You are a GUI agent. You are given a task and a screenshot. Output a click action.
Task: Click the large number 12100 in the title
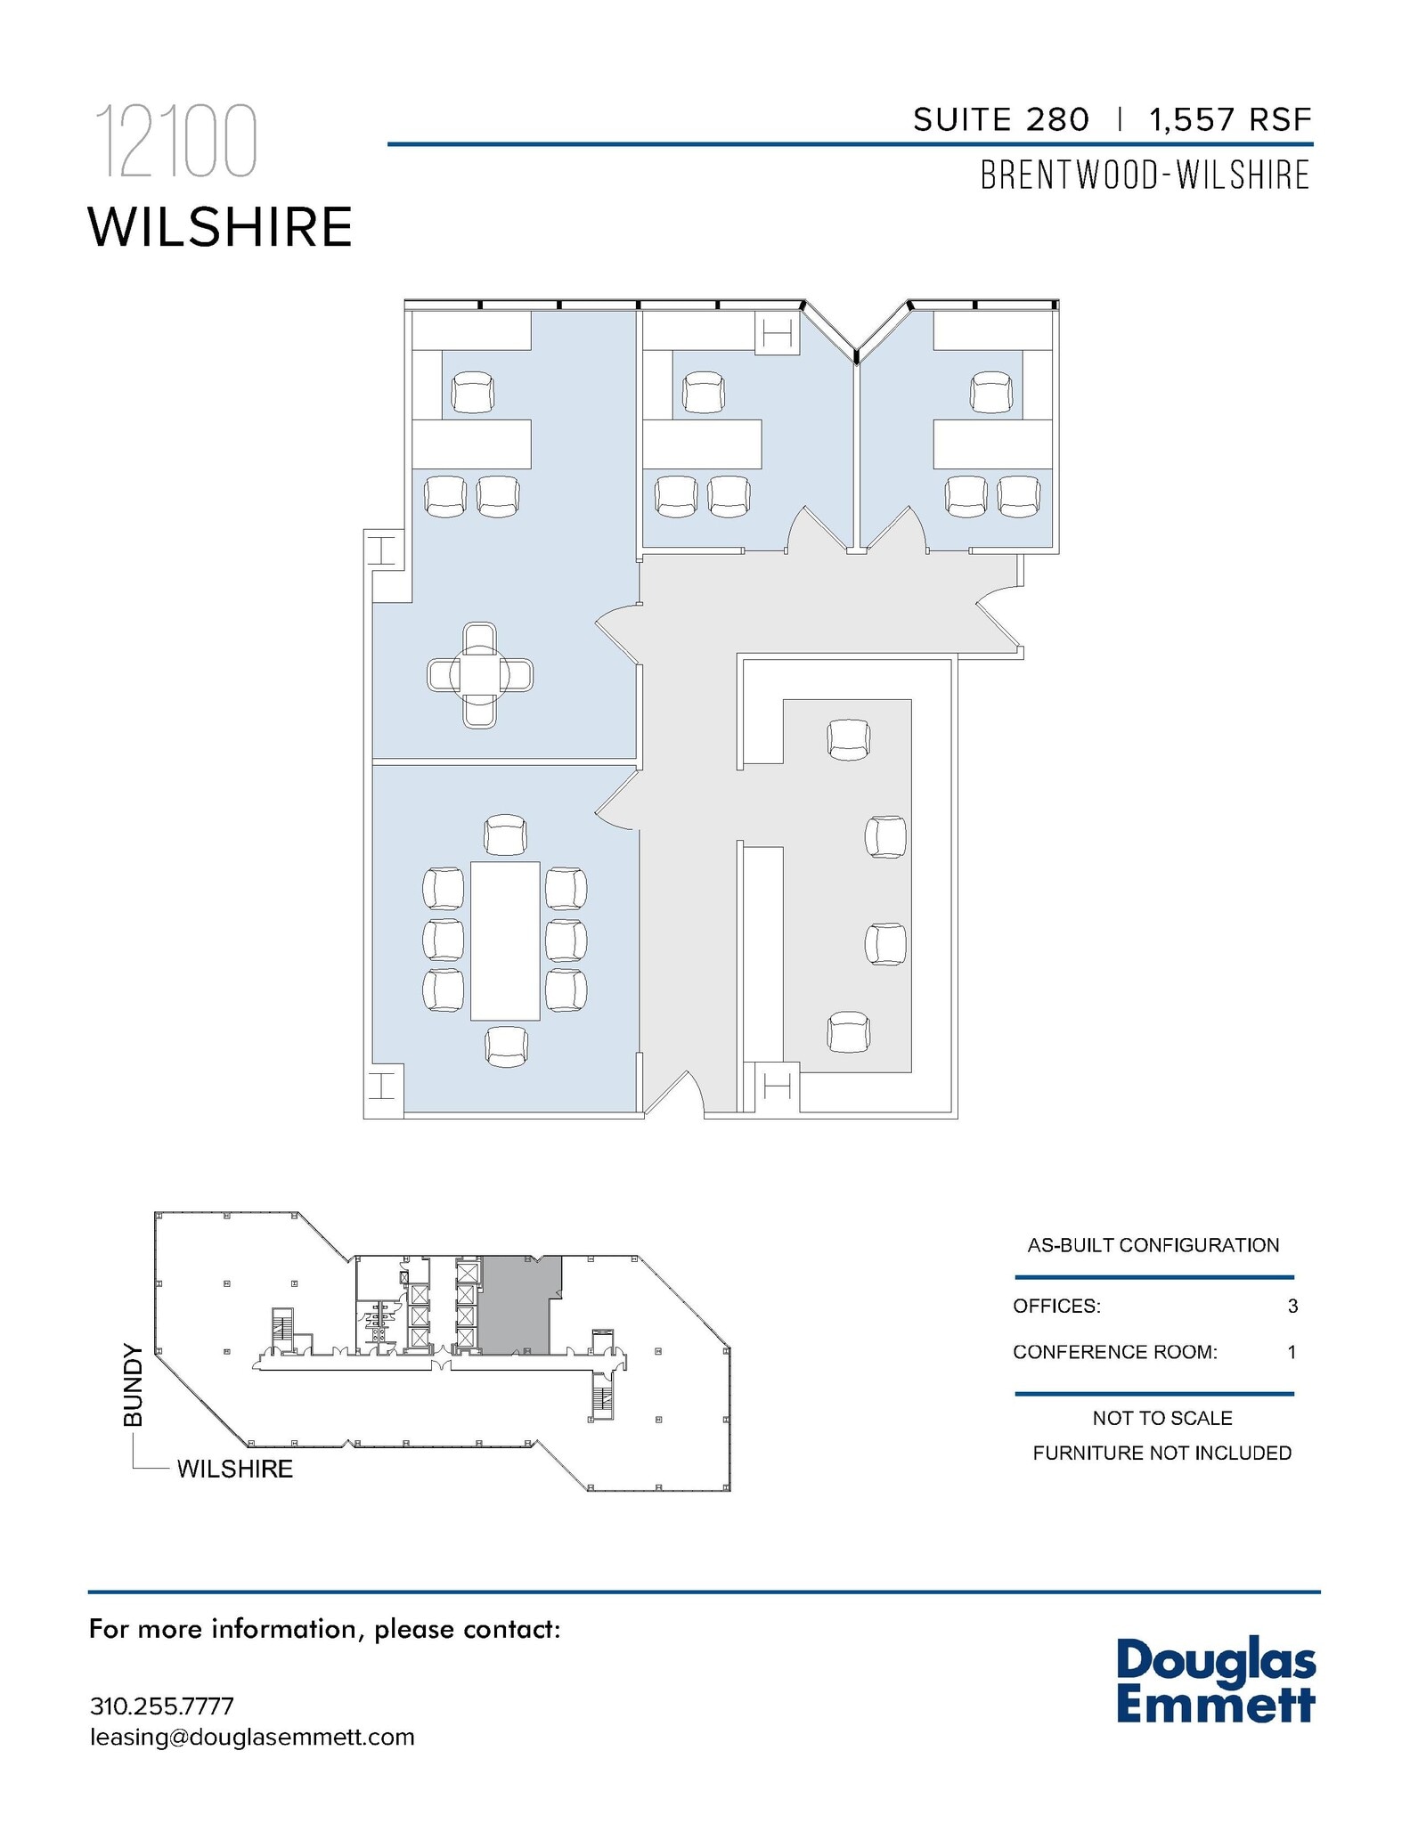[x=176, y=142]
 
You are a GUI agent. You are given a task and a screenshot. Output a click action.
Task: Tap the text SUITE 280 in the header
[x=1000, y=120]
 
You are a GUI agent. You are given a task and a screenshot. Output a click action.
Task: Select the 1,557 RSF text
[x=1230, y=120]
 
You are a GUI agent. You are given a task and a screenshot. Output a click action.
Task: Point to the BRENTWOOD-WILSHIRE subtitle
[x=1145, y=175]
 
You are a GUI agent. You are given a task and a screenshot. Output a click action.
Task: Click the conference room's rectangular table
[x=505, y=940]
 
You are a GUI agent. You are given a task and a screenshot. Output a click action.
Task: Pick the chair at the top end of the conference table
[x=505, y=834]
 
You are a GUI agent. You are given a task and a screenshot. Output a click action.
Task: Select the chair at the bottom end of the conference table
[x=505, y=1046]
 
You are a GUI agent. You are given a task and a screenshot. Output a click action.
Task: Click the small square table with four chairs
[x=480, y=674]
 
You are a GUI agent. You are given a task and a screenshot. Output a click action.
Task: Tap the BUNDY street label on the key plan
[x=134, y=1385]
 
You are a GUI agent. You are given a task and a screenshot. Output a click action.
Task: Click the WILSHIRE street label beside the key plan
[x=235, y=1469]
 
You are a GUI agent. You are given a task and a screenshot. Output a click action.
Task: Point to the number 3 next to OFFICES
[x=1292, y=1307]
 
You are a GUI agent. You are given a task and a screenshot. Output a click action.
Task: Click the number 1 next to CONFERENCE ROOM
[x=1292, y=1352]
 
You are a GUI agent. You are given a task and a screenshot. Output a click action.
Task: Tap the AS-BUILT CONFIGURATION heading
[x=1153, y=1245]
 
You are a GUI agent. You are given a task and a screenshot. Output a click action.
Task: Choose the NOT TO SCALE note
[x=1162, y=1418]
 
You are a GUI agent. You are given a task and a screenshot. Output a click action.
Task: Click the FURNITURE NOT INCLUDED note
[x=1161, y=1453]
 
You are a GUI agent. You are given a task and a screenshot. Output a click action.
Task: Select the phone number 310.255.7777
[x=162, y=1706]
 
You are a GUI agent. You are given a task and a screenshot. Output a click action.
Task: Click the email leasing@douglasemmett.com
[x=252, y=1738]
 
